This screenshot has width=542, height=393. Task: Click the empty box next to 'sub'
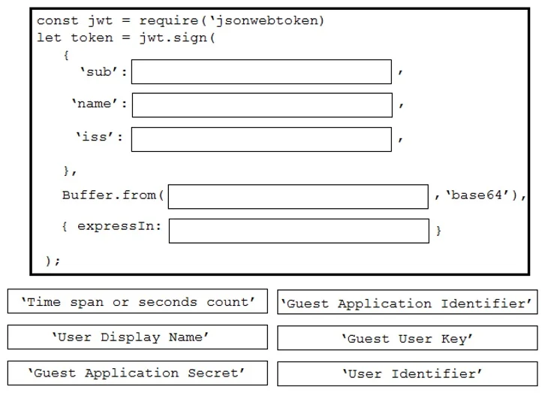click(261, 72)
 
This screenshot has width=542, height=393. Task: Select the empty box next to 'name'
click(262, 105)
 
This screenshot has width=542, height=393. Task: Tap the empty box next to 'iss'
click(261, 140)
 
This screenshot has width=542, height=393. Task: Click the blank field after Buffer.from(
click(298, 197)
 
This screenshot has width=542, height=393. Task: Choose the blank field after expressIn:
click(299, 231)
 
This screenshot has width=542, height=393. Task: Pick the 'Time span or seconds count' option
click(137, 301)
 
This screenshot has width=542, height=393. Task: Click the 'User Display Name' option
click(137, 337)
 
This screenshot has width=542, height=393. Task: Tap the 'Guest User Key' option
click(407, 338)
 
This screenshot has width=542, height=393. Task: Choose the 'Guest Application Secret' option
click(137, 373)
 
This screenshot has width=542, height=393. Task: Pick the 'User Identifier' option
click(407, 373)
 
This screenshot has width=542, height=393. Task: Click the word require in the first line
click(169, 21)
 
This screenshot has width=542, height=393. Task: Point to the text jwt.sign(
click(177, 38)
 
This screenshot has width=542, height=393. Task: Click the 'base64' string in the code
click(477, 195)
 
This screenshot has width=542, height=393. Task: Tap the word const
click(57, 21)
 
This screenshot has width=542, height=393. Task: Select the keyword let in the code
click(49, 38)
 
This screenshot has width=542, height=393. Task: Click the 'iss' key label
click(95, 137)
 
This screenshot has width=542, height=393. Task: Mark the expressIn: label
click(119, 227)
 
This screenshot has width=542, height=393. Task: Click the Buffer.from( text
click(113, 195)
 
